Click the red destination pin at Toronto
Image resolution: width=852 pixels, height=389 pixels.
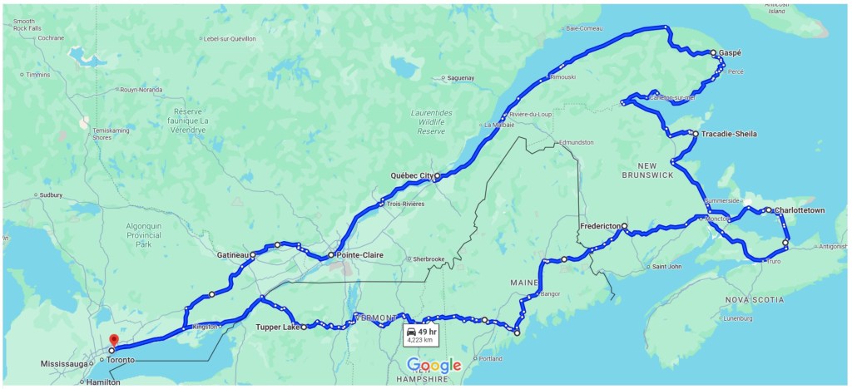point(113,340)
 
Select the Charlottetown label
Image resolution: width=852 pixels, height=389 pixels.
point(799,210)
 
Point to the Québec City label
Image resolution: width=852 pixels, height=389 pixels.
point(412,176)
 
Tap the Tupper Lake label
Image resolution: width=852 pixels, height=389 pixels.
point(277,327)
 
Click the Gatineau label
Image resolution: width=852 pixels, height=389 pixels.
point(233,254)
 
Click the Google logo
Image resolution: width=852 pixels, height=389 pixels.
point(433,366)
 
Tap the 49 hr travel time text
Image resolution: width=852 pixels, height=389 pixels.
point(428,331)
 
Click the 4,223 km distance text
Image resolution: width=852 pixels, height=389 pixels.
point(419,340)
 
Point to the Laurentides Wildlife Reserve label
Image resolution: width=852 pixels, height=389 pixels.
point(431,121)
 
